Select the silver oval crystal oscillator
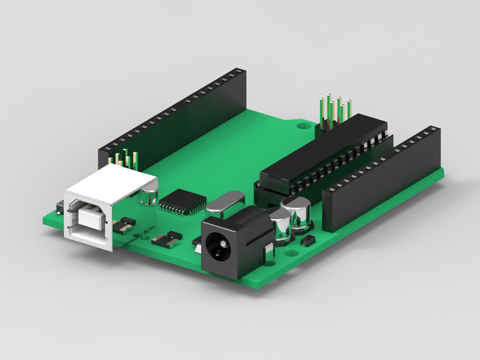pyautogui.click(x=225, y=202)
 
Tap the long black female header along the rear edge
pyautogui.click(x=174, y=121)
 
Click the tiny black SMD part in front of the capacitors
pyautogui.click(x=308, y=241)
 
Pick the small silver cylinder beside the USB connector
pyautogui.click(x=149, y=197)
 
